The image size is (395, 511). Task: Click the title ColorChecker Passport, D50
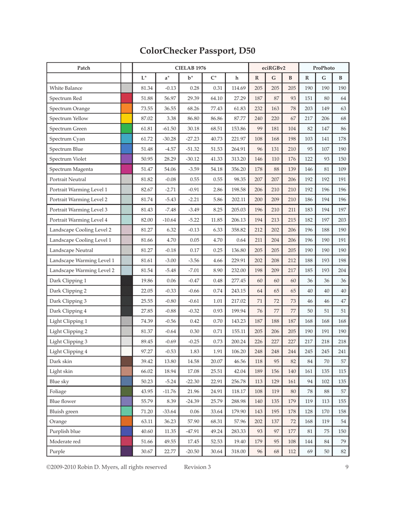(197, 51)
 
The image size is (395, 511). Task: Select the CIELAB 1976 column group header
(190, 67)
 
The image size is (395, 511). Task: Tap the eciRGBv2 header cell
(273, 67)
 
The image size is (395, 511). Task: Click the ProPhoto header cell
(323, 67)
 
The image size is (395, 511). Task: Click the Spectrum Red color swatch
(126, 99)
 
